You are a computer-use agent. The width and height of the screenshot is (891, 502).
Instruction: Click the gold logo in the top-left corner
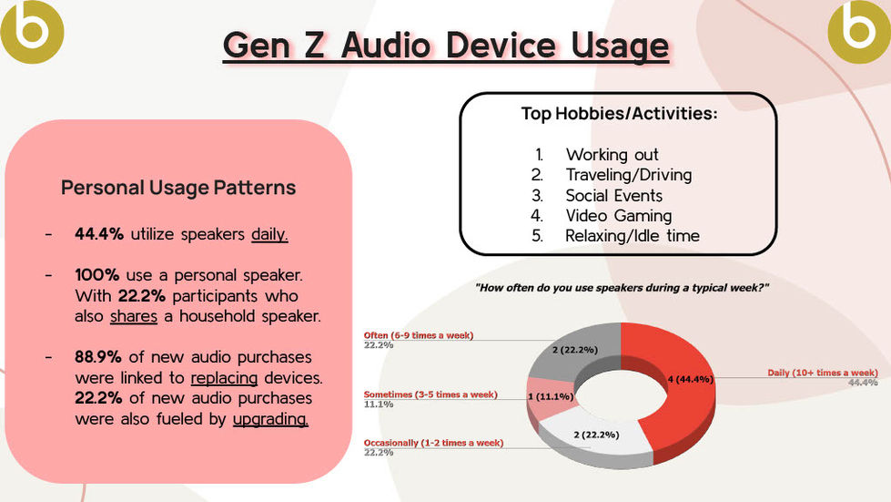pos(31,31)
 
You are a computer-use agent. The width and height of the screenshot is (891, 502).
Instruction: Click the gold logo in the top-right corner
pos(859,31)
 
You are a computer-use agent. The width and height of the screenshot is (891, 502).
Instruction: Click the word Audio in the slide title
pos(386,45)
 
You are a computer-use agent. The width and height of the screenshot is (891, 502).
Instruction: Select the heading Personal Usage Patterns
pos(178,188)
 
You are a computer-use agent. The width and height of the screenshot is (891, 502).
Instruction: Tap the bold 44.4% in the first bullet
pos(99,233)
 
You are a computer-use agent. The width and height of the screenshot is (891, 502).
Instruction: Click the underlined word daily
pos(270,234)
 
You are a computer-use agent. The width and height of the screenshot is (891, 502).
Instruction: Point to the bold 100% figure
pos(96,274)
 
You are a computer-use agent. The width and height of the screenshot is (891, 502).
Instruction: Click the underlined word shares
pos(134,316)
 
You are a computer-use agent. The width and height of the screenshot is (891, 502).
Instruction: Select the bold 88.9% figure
pos(97,356)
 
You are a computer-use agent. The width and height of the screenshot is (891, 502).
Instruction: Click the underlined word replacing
pos(224,378)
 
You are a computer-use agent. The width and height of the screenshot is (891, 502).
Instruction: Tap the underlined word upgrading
pos(270,419)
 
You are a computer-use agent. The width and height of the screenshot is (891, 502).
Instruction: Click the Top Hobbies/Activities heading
pos(620,113)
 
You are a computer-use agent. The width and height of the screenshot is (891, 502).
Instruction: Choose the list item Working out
pos(612,155)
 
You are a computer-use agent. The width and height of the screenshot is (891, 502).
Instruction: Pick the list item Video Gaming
pos(619,216)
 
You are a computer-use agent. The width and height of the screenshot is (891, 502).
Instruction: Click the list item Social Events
pos(613,196)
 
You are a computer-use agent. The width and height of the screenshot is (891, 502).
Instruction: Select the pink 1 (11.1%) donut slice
pos(550,397)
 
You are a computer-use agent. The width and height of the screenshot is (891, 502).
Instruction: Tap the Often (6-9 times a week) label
pos(419,335)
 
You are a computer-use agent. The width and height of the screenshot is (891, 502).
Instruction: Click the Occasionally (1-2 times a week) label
pos(433,443)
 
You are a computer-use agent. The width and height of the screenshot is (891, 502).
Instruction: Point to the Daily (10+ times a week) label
pos(822,373)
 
